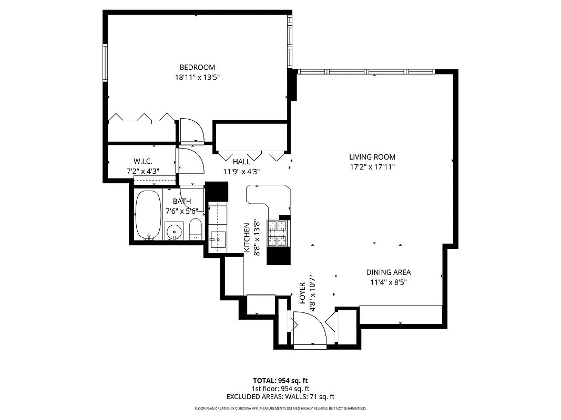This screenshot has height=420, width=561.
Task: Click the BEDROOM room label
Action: pos(197,67)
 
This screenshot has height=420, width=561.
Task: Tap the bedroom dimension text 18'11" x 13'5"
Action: pos(197,77)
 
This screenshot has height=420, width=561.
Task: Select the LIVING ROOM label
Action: pos(372,157)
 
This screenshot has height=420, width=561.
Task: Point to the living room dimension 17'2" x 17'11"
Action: pos(372,167)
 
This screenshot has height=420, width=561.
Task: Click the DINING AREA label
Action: pos(388,272)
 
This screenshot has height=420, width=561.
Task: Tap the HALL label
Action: pos(241,162)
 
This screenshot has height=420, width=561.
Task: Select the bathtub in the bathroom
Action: pos(148,215)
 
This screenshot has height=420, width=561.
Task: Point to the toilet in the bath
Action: pos(195,229)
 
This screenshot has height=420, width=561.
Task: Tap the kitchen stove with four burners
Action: pos(278,233)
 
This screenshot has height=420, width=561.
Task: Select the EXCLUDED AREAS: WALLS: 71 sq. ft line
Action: pos(280,397)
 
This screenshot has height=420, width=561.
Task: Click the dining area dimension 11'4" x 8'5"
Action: pos(388,282)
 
